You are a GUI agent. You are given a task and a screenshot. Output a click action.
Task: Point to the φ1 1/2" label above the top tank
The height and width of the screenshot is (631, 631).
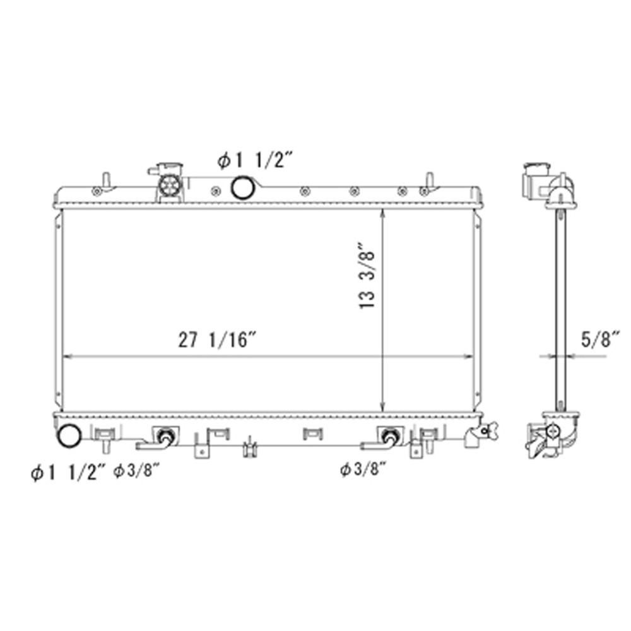pyautogui.click(x=255, y=162)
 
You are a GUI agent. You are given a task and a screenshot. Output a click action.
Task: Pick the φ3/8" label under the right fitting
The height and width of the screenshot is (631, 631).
pyautogui.click(x=362, y=469)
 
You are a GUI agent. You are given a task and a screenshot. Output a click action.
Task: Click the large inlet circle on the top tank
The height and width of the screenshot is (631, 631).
pyautogui.click(x=242, y=187)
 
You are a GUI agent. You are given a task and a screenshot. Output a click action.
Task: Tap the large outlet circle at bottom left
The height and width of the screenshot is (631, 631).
pyautogui.click(x=69, y=435)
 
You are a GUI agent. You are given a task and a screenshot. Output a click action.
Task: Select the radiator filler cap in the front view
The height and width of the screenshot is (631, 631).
pyautogui.click(x=168, y=184)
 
